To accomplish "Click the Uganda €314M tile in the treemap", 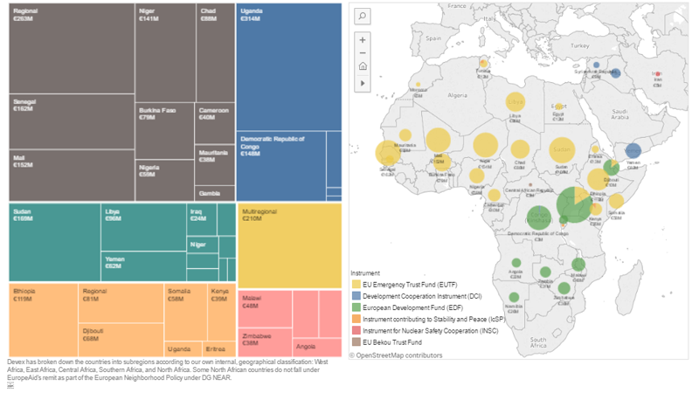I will point(288,65).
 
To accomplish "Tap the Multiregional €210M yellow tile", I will point(289,245).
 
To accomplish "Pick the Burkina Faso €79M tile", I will point(163,131).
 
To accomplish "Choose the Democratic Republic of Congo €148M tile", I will point(280,166).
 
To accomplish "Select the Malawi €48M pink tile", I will point(264,310).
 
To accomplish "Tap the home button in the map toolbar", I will point(363,66).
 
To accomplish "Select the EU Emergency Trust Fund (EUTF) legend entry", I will point(411,284).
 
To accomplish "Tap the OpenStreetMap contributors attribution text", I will point(399,355).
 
